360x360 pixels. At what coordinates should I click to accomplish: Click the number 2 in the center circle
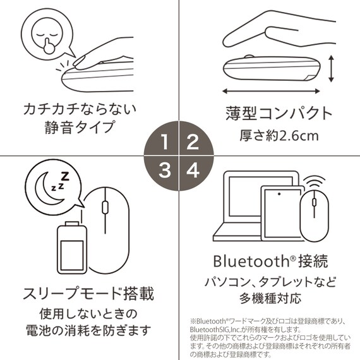click(194, 141)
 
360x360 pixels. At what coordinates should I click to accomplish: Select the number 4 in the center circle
click(194, 169)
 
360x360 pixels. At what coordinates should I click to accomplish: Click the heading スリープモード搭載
click(88, 294)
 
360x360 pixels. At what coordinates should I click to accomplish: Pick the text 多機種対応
click(270, 298)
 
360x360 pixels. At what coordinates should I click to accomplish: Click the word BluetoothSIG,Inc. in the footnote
click(221, 329)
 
